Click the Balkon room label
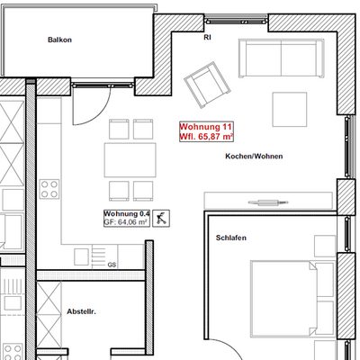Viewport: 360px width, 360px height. [x=59, y=40]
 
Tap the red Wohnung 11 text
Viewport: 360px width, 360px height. [x=205, y=127]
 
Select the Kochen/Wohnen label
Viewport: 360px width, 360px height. [x=254, y=157]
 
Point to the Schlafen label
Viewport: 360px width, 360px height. [x=231, y=238]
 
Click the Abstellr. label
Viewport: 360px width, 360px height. [x=81, y=311]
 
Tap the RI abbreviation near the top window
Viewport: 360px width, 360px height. [x=207, y=38]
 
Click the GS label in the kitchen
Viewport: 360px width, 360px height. [x=112, y=265]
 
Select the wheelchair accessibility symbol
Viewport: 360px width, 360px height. [x=161, y=218]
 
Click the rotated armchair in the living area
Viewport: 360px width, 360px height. [x=207, y=85]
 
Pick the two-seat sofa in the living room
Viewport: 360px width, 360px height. [x=282, y=58]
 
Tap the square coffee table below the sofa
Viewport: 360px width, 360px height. [x=290, y=110]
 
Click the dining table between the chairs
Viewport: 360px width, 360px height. [x=130, y=160]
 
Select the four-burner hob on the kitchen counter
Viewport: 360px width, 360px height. [x=49, y=189]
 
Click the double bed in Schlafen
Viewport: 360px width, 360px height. [x=283, y=299]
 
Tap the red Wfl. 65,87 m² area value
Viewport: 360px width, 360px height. [x=206, y=137]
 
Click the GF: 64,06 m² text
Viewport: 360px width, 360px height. [x=125, y=222]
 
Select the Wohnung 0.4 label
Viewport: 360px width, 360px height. [x=127, y=214]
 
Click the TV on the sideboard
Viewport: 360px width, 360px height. [x=268, y=202]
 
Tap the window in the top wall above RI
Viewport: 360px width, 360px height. [x=236, y=21]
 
